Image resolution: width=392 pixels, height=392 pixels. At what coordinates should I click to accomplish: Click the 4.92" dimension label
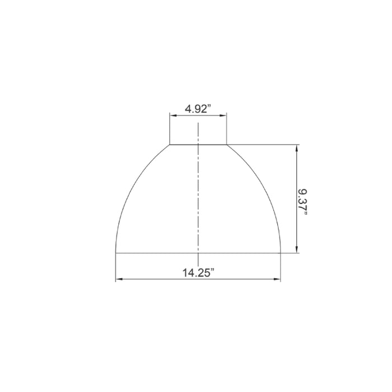pos(198,109)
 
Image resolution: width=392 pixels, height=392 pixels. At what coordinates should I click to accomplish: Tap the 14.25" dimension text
pos(198,273)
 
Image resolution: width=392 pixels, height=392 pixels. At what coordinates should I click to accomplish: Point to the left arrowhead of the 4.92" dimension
pos(172,116)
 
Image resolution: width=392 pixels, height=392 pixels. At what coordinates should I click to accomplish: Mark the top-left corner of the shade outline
pos(170,145)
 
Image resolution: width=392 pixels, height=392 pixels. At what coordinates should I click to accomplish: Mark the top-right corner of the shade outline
pos(227,145)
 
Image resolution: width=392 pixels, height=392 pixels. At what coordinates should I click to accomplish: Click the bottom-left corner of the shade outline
pos(116,253)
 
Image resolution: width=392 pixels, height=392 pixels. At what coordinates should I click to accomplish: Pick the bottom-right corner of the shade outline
pos(281,253)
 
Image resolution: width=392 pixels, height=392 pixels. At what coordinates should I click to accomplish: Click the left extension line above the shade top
pos(170,129)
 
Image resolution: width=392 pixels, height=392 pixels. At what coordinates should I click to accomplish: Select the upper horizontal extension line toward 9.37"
pos(263,145)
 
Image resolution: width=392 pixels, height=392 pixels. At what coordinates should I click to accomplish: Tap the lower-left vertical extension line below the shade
pos(116,268)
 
